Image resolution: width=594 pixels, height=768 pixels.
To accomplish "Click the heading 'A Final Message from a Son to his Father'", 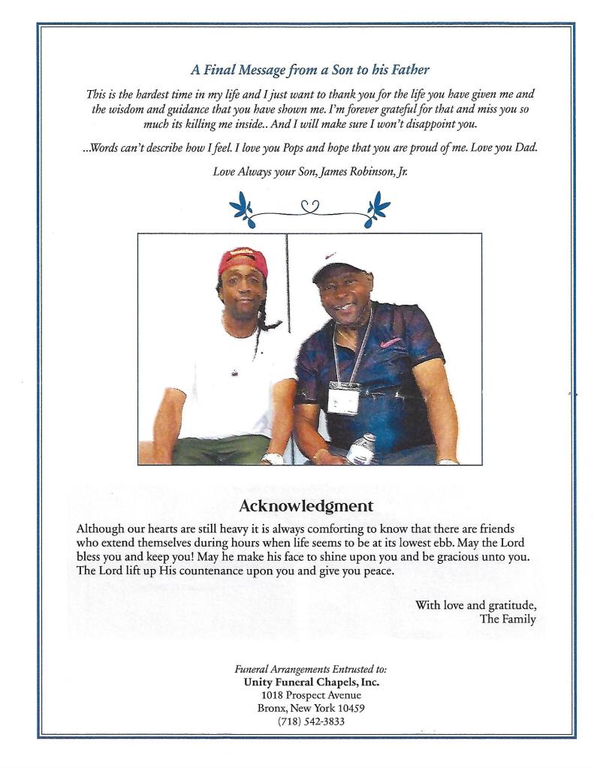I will pos(309,71).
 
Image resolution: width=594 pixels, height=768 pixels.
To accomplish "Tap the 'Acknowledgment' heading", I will pos(306,505).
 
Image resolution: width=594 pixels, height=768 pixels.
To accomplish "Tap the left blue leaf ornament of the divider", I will pos(243,206).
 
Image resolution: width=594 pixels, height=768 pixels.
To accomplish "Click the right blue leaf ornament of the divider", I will pos(376,206).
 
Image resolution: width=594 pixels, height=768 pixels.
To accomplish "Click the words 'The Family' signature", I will pos(508,619).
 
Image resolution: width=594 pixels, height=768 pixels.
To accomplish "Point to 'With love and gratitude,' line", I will pos(475,605).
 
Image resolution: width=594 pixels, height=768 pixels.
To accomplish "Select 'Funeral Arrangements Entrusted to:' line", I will pos(311,668).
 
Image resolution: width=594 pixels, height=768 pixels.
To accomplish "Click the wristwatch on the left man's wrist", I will pos(273,458).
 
